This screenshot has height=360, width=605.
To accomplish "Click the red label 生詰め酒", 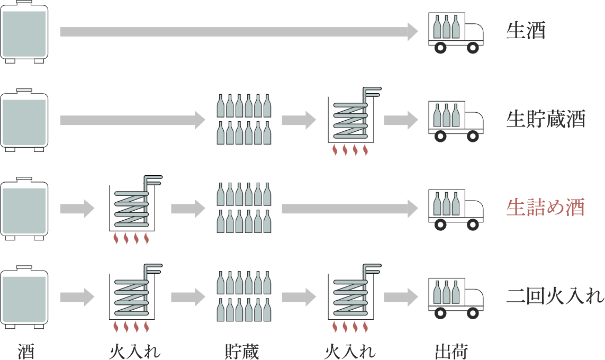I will pyautogui.click(x=545, y=208).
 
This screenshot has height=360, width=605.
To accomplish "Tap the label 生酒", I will pyautogui.click(x=526, y=31).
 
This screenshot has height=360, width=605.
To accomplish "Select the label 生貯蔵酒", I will pyautogui.click(x=545, y=120).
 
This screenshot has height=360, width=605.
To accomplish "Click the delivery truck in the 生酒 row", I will pyautogui.click(x=455, y=32).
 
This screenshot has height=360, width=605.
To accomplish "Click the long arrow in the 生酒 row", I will pyautogui.click(x=238, y=31).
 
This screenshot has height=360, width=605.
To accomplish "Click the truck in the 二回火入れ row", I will pyautogui.click(x=455, y=296).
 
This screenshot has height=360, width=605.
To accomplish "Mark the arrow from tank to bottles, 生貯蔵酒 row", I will pyautogui.click(x=132, y=120).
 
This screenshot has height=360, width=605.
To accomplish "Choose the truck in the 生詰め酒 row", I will pyautogui.click(x=455, y=208).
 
